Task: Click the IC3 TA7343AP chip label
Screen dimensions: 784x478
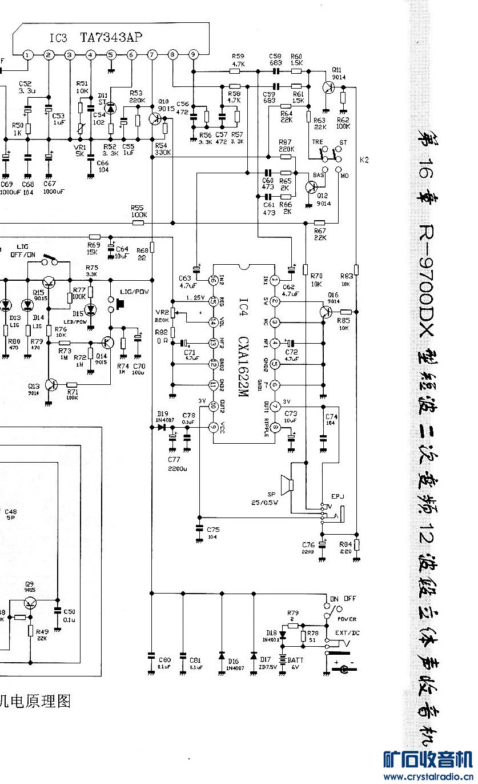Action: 95,38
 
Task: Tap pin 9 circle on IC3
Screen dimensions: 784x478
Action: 194,55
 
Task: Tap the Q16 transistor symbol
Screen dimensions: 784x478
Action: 326,312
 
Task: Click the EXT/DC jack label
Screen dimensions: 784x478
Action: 347,633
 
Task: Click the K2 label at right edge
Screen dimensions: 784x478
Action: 364,160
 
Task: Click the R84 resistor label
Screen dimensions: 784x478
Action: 345,544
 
